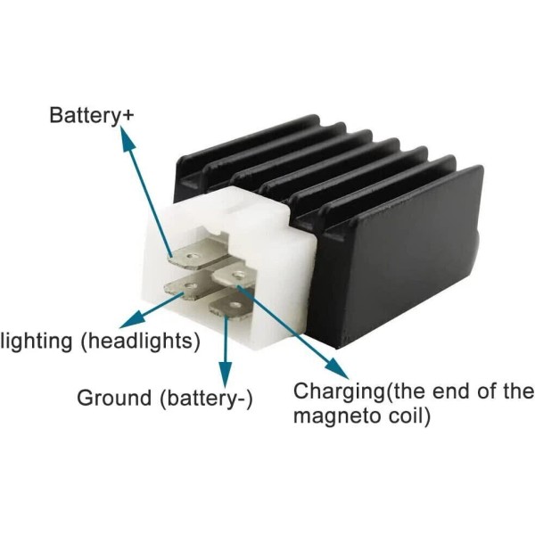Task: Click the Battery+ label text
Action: [86, 115]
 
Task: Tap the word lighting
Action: [33, 341]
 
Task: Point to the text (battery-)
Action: [206, 398]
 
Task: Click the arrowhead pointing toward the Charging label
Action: [340, 371]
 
